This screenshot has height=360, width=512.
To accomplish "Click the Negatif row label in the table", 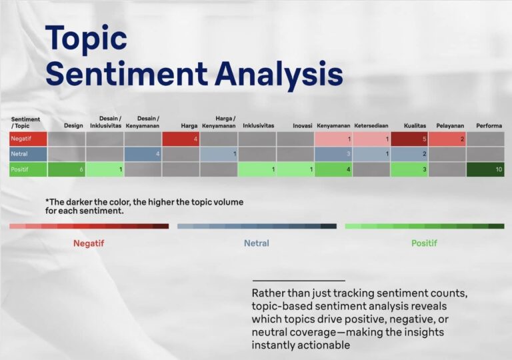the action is pyautogui.click(x=28, y=139).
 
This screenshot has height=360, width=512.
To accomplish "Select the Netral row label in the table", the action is pyautogui.click(x=28, y=154).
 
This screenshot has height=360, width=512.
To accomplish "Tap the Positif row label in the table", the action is pyautogui.click(x=28, y=169).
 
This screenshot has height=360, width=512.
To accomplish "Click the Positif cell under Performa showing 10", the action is pyautogui.click(x=485, y=169).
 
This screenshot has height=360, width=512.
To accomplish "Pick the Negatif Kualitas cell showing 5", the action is pyautogui.click(x=409, y=139).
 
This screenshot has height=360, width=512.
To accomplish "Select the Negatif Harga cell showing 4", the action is pyautogui.click(x=181, y=139).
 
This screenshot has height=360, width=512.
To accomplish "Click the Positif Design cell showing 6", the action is pyautogui.click(x=67, y=169).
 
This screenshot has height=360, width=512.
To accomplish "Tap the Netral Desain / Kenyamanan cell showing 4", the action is pyautogui.click(x=143, y=154).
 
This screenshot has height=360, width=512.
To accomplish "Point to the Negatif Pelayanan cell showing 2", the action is pyautogui.click(x=447, y=139).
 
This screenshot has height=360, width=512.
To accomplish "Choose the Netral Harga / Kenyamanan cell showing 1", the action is pyautogui.click(x=219, y=154).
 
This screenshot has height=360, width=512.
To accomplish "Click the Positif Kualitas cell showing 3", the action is pyautogui.click(x=409, y=169).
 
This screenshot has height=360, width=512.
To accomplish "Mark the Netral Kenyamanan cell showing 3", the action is pyautogui.click(x=333, y=154).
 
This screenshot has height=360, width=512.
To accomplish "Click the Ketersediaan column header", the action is pyautogui.click(x=371, y=126).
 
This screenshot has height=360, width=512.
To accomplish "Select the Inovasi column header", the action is pyautogui.click(x=303, y=126).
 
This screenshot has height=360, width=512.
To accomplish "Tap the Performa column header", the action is pyautogui.click(x=489, y=126).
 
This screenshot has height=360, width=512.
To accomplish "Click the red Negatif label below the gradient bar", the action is pyautogui.click(x=89, y=243).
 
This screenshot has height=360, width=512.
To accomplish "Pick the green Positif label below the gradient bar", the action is pyautogui.click(x=424, y=243).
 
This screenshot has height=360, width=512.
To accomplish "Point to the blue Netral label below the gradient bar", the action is pyautogui.click(x=257, y=243).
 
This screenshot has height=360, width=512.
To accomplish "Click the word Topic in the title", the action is pyautogui.click(x=86, y=38).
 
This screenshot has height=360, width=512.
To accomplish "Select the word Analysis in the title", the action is pyautogui.click(x=279, y=74).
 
